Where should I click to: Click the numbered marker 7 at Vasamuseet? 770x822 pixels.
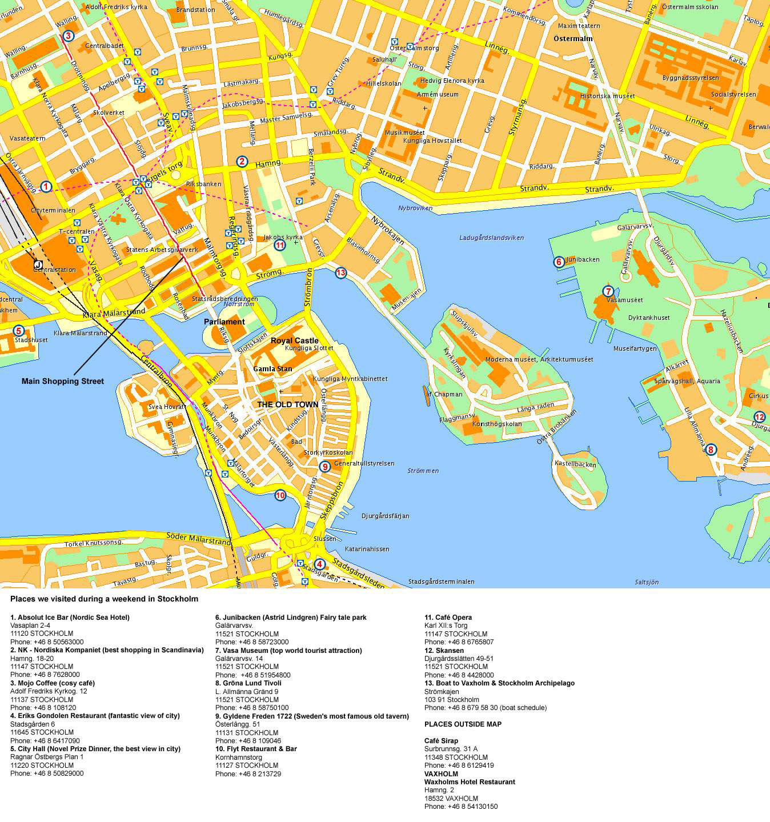pyautogui.click(x=608, y=291)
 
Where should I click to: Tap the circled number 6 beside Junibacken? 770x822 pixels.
pyautogui.click(x=559, y=262)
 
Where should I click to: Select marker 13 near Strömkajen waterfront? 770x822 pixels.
pyautogui.click(x=340, y=272)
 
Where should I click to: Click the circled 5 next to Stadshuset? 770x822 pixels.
pyautogui.click(x=18, y=330)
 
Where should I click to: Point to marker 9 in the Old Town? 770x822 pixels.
pyautogui.click(x=324, y=467)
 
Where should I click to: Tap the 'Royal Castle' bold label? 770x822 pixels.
pyautogui.click(x=294, y=340)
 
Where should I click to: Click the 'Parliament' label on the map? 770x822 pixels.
pyautogui.click(x=224, y=322)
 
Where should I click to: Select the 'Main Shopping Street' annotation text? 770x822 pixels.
pyautogui.click(x=63, y=381)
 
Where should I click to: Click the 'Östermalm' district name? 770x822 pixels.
pyautogui.click(x=573, y=39)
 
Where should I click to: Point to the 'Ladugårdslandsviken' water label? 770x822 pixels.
pyautogui.click(x=491, y=238)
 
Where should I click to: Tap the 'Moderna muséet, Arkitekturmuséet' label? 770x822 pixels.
pyautogui.click(x=539, y=359)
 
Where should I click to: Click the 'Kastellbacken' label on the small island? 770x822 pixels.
pyautogui.click(x=575, y=464)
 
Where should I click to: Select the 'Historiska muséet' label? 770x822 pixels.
pyautogui.click(x=607, y=96)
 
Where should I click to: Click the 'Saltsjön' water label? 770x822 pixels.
pyautogui.click(x=647, y=582)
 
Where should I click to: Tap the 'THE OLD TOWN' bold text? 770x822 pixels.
pyautogui.click(x=287, y=404)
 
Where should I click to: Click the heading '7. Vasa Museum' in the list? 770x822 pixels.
pyautogui.click(x=288, y=650)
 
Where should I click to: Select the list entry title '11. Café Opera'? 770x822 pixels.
pyautogui.click(x=448, y=617)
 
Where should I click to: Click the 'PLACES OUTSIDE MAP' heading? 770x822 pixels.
pyautogui.click(x=463, y=724)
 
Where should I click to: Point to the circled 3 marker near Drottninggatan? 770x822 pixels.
pyautogui.click(x=68, y=36)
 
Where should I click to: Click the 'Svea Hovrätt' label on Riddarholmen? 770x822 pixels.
pyautogui.click(x=167, y=407)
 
